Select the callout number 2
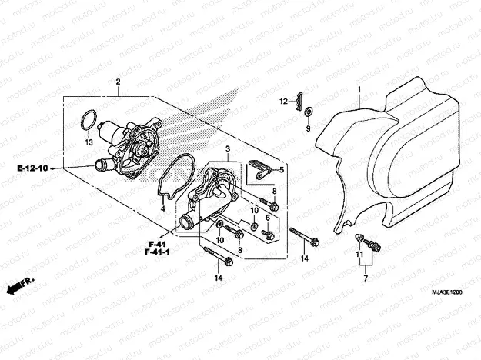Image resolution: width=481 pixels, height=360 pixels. pos(118,82)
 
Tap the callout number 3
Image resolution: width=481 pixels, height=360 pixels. pos(228,146)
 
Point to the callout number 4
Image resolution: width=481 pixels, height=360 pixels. pos(163,208)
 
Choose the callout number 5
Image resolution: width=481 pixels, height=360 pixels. pos(281,170)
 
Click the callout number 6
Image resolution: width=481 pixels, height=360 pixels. pos(267,217)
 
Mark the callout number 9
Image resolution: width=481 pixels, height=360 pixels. pos(308,129)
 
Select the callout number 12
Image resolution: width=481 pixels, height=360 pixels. pos(283,101)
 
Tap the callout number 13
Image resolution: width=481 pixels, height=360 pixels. pos(89,142)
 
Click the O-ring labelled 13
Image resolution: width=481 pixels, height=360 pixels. pos(89,120)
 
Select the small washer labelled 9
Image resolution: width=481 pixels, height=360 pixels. pos(308,112)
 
